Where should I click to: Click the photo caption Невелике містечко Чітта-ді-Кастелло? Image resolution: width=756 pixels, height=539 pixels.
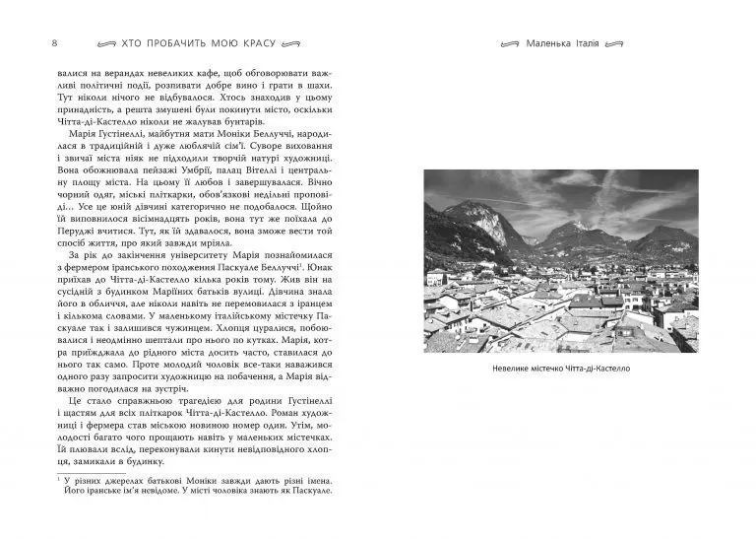560,368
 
